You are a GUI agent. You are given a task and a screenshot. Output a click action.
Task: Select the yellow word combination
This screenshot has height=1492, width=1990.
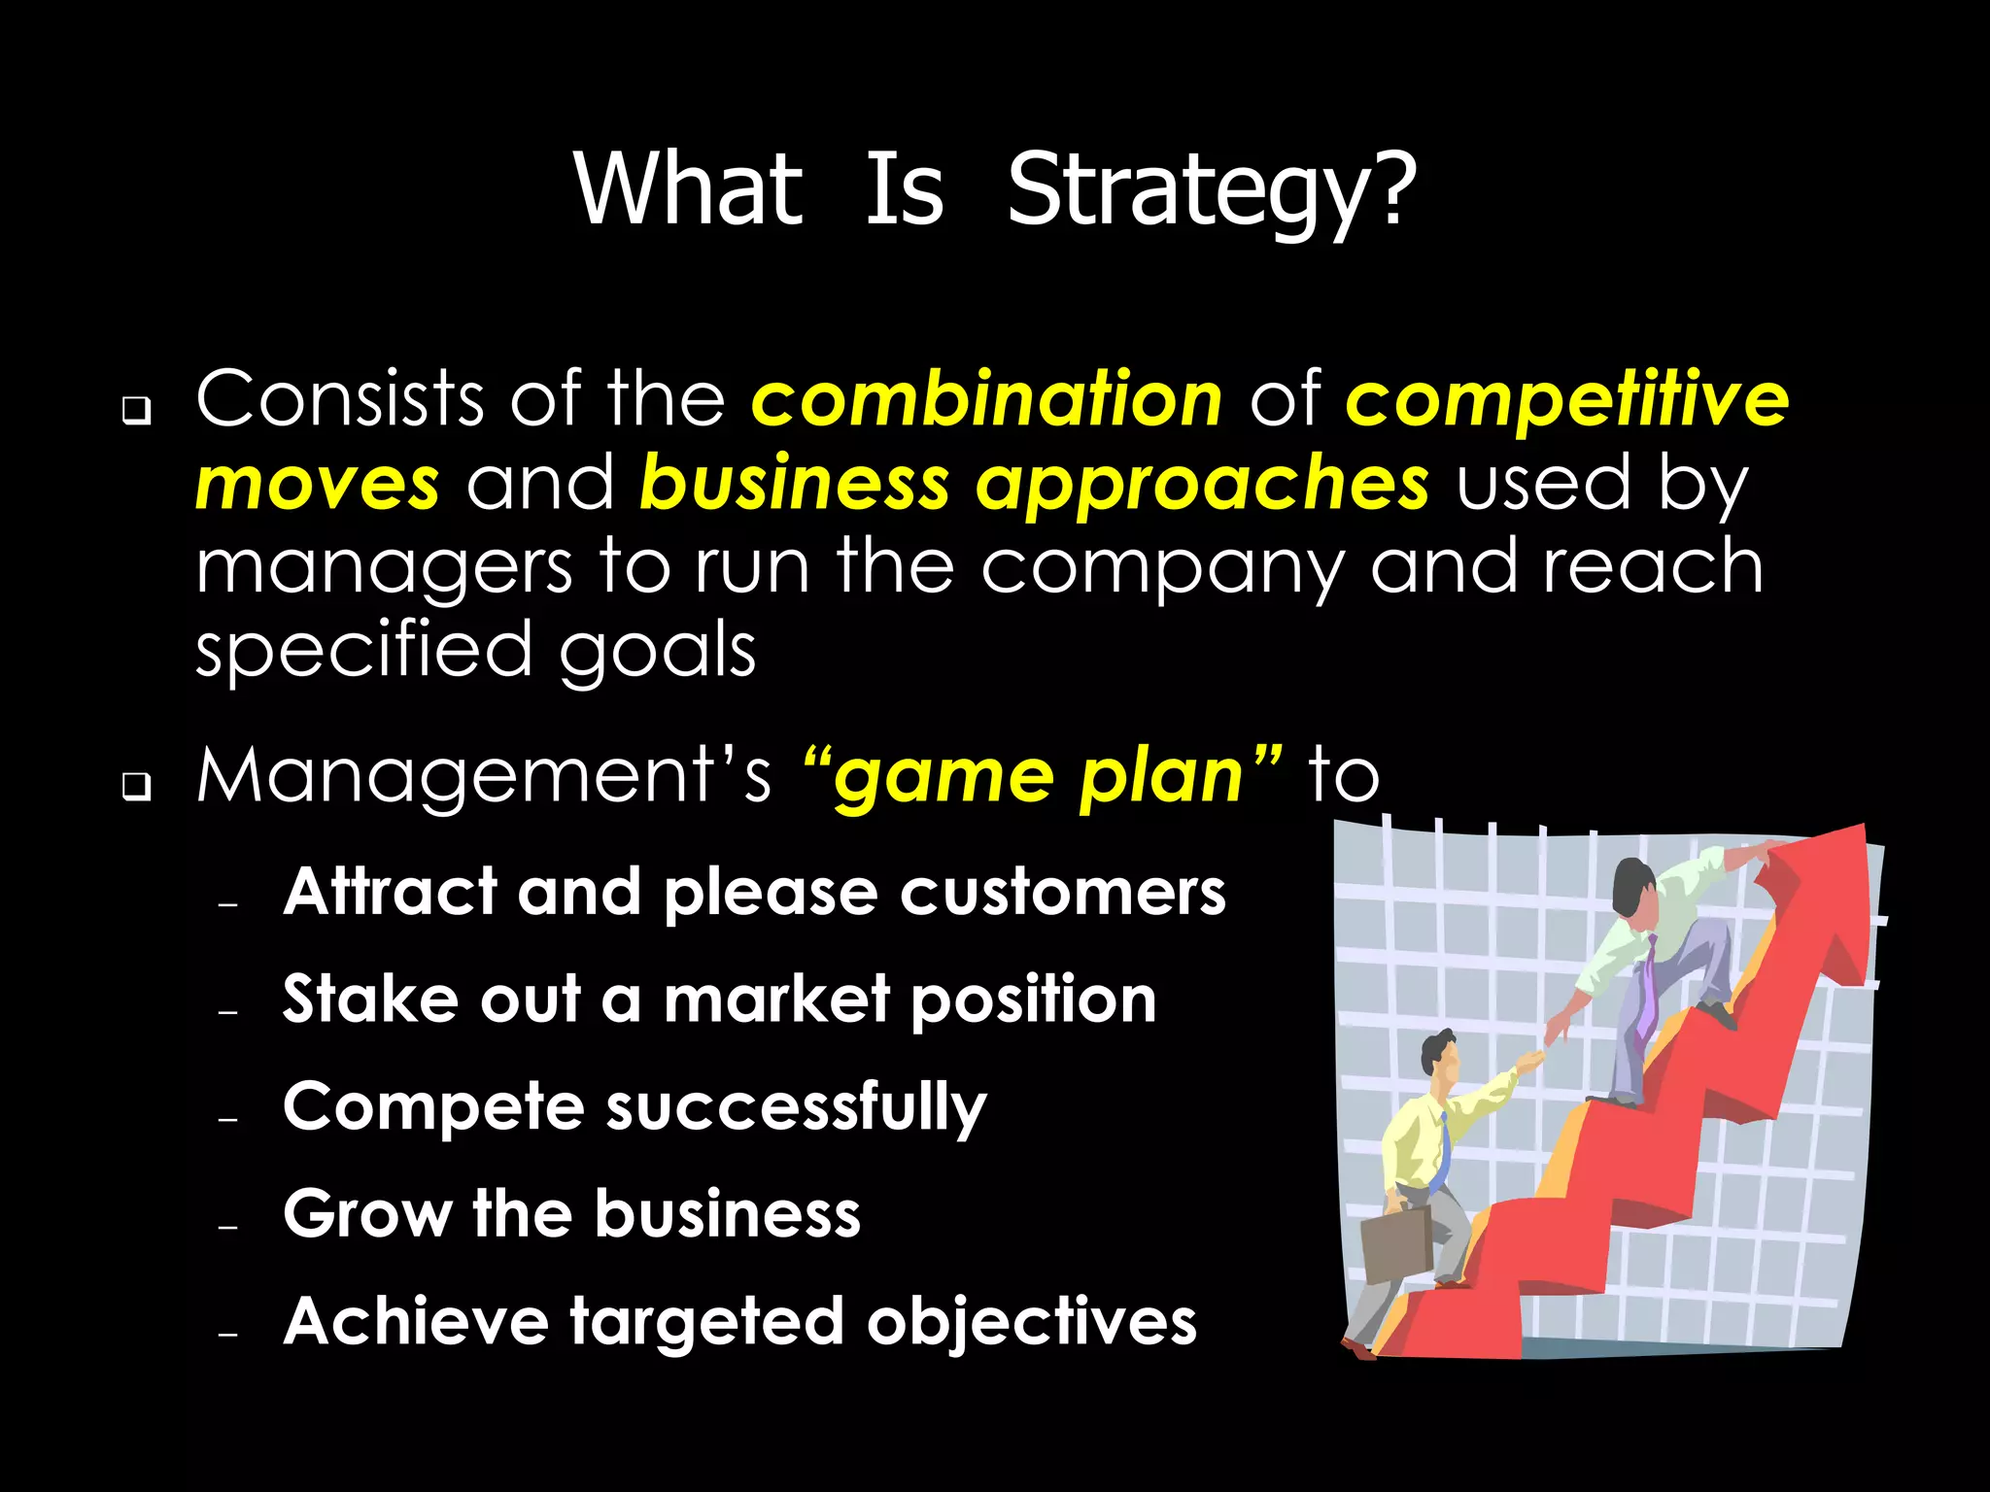pyautogui.click(x=986, y=399)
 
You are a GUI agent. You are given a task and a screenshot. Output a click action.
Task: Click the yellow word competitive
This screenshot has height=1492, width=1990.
pyautogui.click(x=1566, y=399)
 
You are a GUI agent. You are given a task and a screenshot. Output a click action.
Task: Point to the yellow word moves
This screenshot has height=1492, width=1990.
pyautogui.click(x=317, y=484)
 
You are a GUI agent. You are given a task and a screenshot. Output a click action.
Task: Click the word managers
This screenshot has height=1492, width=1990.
pyautogui.click(x=384, y=569)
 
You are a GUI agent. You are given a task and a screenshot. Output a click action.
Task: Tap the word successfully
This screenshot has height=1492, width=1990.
pyautogui.click(x=796, y=1108)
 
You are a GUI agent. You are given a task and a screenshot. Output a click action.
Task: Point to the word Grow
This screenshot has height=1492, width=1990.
pyautogui.click(x=366, y=1214)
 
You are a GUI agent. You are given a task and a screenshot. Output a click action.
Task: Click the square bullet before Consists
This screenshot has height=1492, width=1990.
pyautogui.click(x=136, y=411)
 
